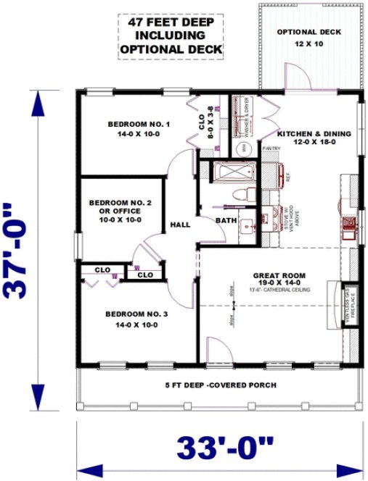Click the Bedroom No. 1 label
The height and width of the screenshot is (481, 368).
tap(139, 125)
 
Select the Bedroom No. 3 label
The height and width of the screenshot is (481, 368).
tap(136, 314)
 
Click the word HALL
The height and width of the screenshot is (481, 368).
tap(180, 225)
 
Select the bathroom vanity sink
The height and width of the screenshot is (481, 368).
tap(248, 224)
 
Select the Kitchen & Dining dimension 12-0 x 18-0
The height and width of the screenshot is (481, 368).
tap(314, 143)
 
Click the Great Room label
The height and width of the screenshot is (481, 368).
tap(279, 275)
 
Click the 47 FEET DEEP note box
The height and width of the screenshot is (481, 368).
tap(171, 36)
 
